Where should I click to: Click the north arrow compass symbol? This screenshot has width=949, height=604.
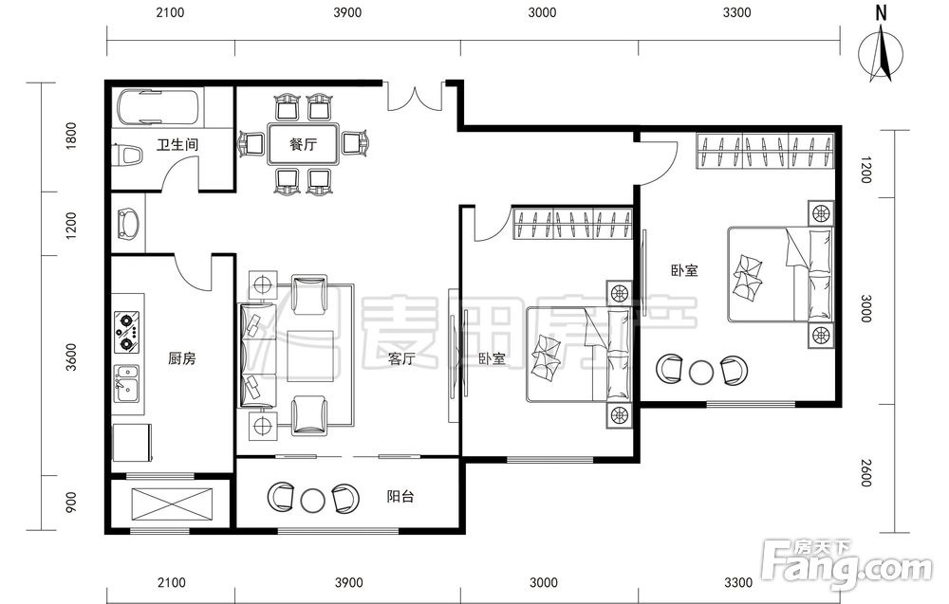882,51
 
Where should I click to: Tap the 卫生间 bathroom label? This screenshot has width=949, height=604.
177,144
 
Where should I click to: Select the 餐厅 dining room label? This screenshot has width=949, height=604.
303,144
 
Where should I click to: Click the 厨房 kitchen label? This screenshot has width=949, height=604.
182,358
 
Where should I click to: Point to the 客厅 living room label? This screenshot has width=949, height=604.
401,358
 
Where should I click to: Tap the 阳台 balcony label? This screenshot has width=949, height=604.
400,497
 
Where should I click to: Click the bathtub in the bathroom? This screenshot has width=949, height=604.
158,107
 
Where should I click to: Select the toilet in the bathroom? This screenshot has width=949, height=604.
129,155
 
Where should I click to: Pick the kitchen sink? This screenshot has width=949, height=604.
127,384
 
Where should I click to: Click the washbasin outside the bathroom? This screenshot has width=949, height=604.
128,223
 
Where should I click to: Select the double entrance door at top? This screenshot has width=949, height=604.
415,97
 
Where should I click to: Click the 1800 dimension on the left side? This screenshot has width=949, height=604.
71,136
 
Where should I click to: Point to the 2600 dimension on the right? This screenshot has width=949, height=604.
866,473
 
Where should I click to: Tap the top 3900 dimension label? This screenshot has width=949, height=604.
347,12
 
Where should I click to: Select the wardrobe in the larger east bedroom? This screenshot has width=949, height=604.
765,151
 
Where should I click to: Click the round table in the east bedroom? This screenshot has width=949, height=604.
702,372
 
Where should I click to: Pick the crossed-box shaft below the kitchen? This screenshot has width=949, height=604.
172,503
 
